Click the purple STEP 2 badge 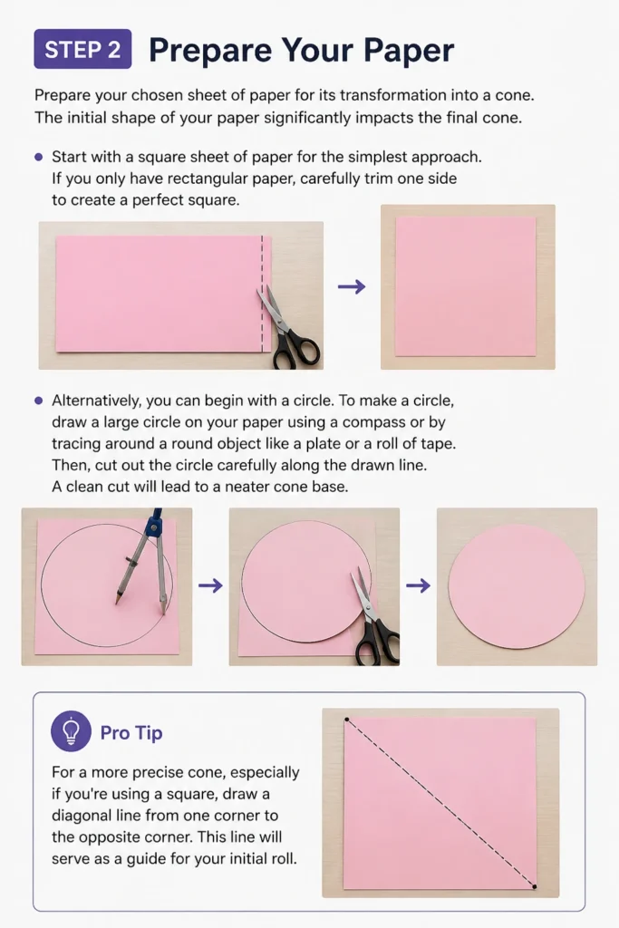(x=82, y=49)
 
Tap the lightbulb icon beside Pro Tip (x=71, y=731)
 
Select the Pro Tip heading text (x=131, y=732)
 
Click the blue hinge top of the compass (x=155, y=523)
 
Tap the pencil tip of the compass (x=117, y=602)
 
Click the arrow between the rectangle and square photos (x=352, y=287)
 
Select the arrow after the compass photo (x=210, y=586)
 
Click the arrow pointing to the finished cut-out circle (x=419, y=586)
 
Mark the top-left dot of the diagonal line (x=347, y=720)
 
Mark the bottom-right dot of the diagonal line (x=535, y=886)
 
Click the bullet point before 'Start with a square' (x=38, y=157)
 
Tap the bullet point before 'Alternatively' (x=38, y=401)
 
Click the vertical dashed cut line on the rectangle (x=262, y=295)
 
